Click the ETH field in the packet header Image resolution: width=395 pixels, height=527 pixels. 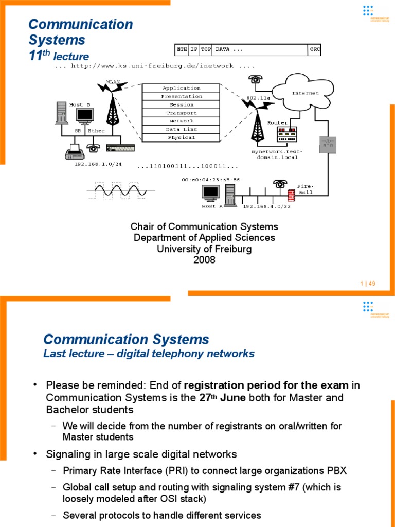pyautogui.click(x=182, y=49)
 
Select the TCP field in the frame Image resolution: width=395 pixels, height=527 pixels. pyautogui.click(x=206, y=49)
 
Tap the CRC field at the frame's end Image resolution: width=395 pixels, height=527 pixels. pyautogui.click(x=314, y=49)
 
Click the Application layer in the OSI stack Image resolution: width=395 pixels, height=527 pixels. pyautogui.click(x=181, y=88)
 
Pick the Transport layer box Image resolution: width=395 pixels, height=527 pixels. pyautogui.click(x=181, y=113)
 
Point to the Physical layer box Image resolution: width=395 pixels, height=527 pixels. pyautogui.click(x=181, y=137)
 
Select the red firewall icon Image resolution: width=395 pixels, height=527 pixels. pyautogui.click(x=292, y=196)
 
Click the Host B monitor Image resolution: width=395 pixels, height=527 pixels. pyautogui.click(x=84, y=116)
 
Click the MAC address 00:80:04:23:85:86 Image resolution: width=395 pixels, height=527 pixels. pyautogui.click(x=210, y=180)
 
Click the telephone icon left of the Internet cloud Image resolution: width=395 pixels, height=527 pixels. pyautogui.click(x=255, y=80)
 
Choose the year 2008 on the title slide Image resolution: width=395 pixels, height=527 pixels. pyautogui.click(x=204, y=260)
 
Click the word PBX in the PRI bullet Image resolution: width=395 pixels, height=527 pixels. pyautogui.click(x=337, y=471)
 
